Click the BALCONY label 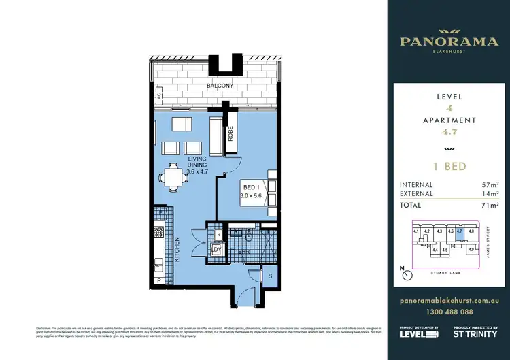coord(220,86)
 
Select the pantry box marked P coord(159,280)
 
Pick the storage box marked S coord(269,275)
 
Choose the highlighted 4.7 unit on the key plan coord(460,232)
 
